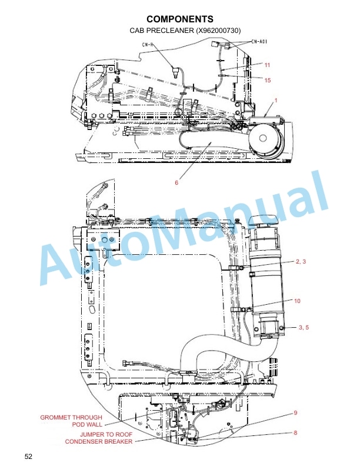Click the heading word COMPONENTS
(179, 19)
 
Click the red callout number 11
(267, 65)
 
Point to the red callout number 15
(267, 80)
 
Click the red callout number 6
(176, 182)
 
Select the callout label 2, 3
(301, 261)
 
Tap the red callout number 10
(297, 301)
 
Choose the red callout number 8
(295, 433)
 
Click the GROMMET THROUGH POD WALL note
(71, 421)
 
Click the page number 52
(29, 456)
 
